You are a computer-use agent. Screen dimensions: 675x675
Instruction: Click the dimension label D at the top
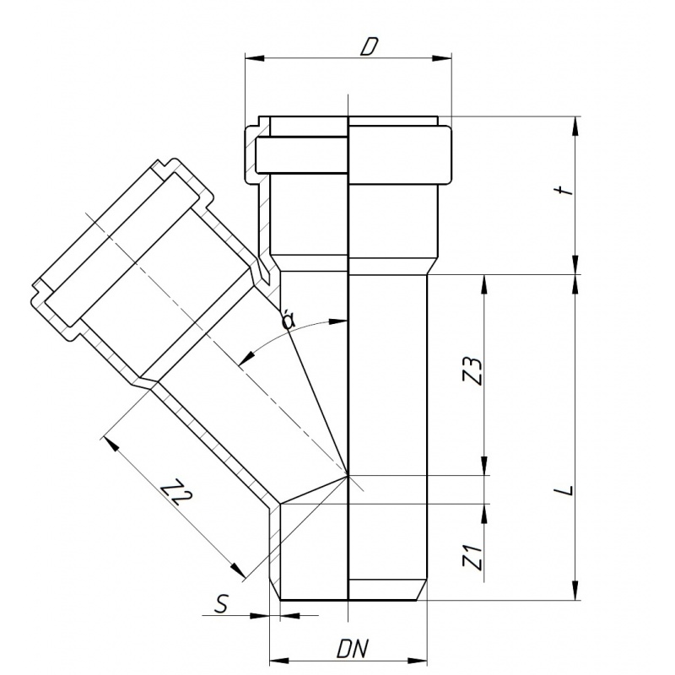pos(369,47)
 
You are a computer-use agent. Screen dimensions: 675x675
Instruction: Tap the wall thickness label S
pos(221,603)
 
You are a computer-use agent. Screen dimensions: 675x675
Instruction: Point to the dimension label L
pos(569,490)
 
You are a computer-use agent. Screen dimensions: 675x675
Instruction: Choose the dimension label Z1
pos(473,557)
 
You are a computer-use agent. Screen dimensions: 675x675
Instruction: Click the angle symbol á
pos(288,320)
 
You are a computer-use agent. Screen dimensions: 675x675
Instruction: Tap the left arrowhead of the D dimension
pos(255,57)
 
